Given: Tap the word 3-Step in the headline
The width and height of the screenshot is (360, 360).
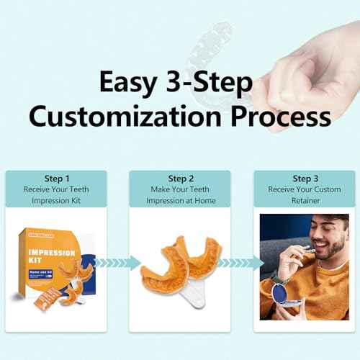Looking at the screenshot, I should click(x=212, y=84).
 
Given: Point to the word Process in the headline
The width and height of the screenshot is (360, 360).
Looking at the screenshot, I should click(x=283, y=116).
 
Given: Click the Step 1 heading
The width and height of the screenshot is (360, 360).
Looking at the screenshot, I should click(x=57, y=179).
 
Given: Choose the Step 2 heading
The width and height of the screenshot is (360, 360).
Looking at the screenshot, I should click(x=181, y=179).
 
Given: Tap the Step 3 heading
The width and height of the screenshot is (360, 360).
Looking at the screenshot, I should click(x=305, y=179).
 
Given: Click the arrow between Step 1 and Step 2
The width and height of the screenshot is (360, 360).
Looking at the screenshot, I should click(x=117, y=263).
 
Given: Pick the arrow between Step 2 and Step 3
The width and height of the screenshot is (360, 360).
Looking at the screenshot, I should click(x=241, y=263).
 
